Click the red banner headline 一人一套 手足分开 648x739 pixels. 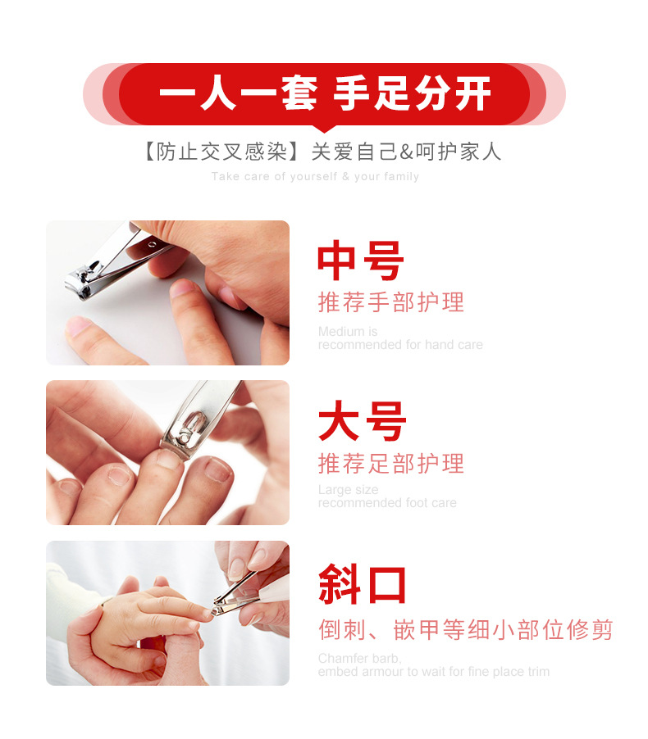(x=325, y=93)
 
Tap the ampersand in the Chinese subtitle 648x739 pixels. (x=406, y=152)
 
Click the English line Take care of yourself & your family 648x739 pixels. (x=315, y=176)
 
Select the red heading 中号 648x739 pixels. (x=361, y=261)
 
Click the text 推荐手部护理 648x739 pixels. (x=390, y=302)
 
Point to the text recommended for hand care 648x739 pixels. (x=400, y=345)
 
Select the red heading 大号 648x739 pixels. (x=362, y=421)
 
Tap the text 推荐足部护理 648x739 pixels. (x=390, y=463)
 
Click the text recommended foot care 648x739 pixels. (x=387, y=503)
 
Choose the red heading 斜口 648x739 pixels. (x=362, y=583)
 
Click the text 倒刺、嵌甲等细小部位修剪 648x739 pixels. (x=465, y=630)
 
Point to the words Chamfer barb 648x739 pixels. (x=359, y=658)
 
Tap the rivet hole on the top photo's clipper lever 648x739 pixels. (x=152, y=244)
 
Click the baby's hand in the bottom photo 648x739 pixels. (x=151, y=613)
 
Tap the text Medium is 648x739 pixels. (x=347, y=331)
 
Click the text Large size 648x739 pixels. (x=348, y=490)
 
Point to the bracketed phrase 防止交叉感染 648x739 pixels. (x=221, y=152)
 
